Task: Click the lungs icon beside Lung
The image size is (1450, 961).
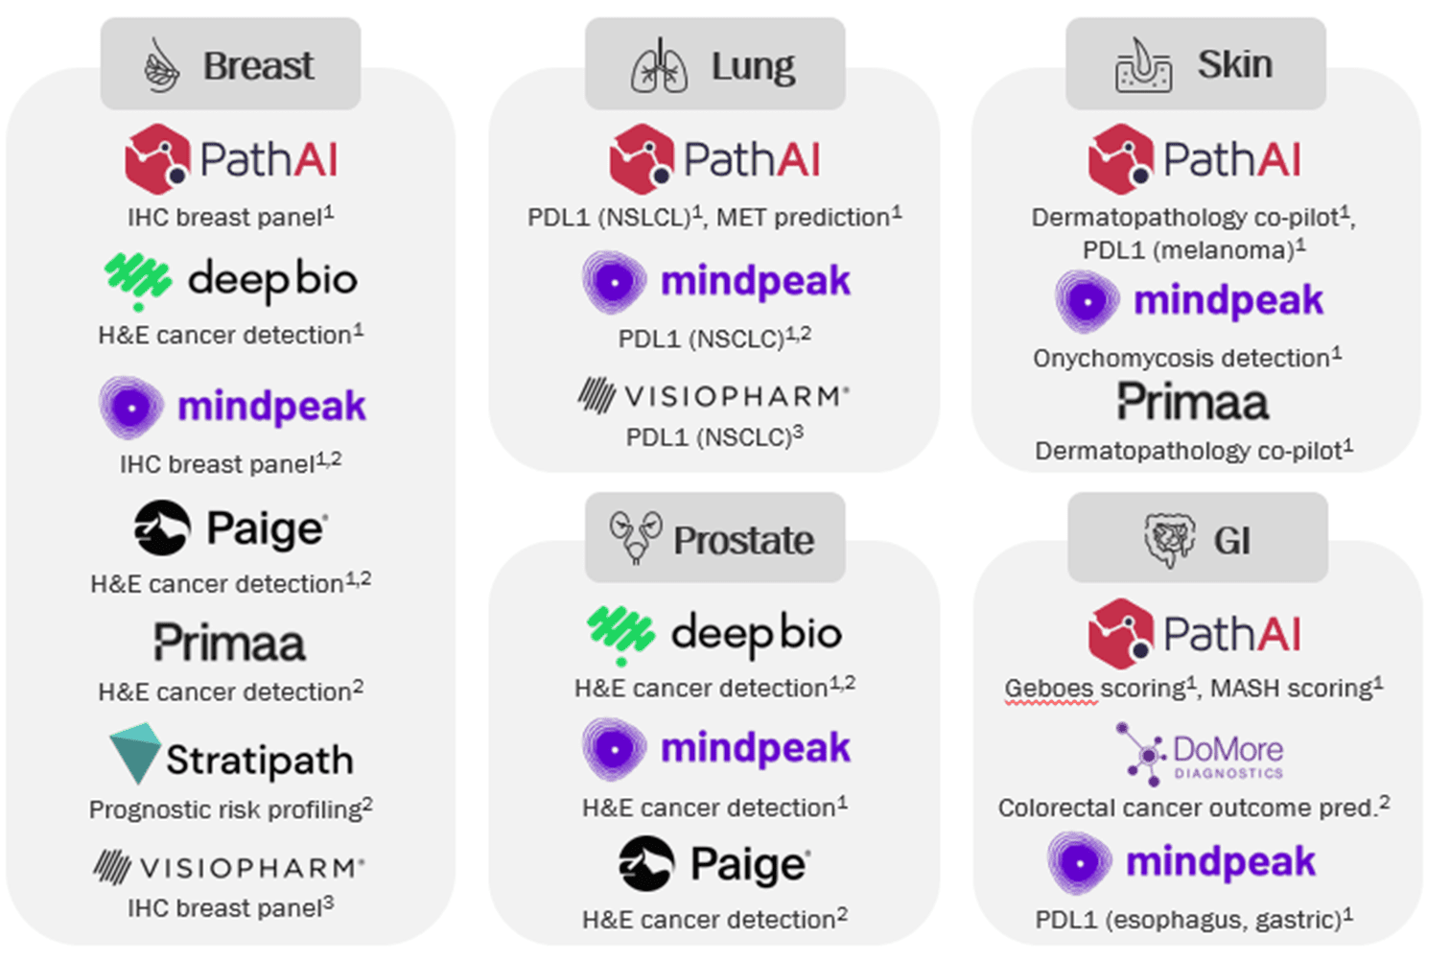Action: pyautogui.click(x=659, y=65)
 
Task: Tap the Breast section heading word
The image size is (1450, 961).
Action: pyautogui.click(x=259, y=65)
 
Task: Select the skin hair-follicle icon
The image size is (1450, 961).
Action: pyautogui.click(x=1143, y=65)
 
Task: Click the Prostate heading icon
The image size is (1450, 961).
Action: pyautogui.click(x=636, y=537)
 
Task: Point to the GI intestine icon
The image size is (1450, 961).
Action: pyautogui.click(x=1169, y=539)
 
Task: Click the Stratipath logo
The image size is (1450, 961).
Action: pyautogui.click(x=231, y=755)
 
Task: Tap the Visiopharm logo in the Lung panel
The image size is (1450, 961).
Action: pyautogui.click(x=713, y=396)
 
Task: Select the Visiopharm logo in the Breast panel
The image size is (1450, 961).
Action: pyautogui.click(x=229, y=867)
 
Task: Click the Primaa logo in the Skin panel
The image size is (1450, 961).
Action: pyautogui.click(x=1193, y=402)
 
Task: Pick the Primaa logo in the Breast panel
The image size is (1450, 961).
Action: pyautogui.click(x=230, y=642)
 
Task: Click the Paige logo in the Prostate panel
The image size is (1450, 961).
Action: pyautogui.click(x=714, y=863)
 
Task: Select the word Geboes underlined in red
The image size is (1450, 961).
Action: pyautogui.click(x=1051, y=689)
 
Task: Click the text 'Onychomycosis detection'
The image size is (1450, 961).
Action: pyautogui.click(x=1181, y=358)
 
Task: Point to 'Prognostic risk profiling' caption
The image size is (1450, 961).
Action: pyautogui.click(x=225, y=810)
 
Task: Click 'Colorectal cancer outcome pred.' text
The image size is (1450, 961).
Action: pyautogui.click(x=1188, y=809)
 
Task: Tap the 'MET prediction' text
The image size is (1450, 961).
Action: pyautogui.click(x=803, y=219)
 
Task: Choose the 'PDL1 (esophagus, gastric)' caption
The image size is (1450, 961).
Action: pyautogui.click(x=1188, y=920)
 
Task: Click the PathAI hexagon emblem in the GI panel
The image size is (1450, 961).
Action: pyautogui.click(x=1121, y=633)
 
